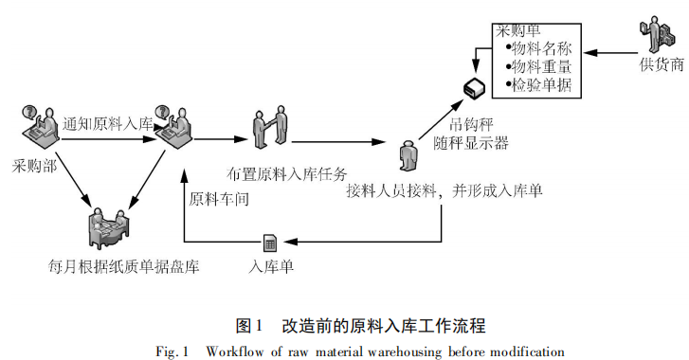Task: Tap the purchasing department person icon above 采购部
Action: [36, 123]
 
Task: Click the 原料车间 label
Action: [219, 198]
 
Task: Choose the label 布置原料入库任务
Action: [289, 173]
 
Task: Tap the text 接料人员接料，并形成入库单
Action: [444, 191]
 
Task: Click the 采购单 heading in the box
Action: [517, 31]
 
